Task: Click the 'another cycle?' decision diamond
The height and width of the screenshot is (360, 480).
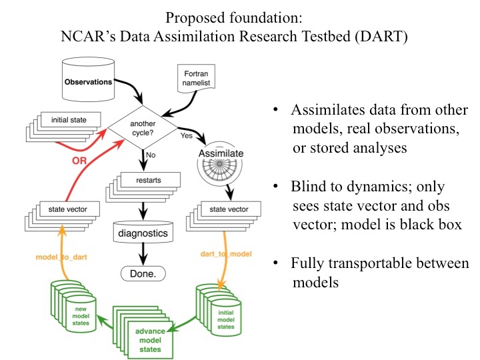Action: pyautogui.click(x=143, y=123)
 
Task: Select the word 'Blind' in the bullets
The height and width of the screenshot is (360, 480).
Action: pyautogui.click(x=311, y=188)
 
